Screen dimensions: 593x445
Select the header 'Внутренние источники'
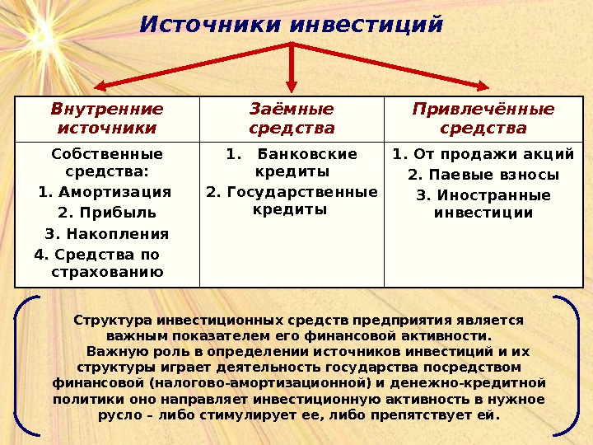tap(107, 119)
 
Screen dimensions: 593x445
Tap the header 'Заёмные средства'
tap(292, 119)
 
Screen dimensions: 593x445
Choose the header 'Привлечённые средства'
tap(483, 119)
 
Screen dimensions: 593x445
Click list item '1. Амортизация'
tap(105, 193)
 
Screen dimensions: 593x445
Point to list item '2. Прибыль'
tap(107, 213)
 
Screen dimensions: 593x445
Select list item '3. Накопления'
tap(107, 233)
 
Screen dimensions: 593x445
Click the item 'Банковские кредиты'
tap(292, 163)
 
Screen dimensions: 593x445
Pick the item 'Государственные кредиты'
tap(292, 200)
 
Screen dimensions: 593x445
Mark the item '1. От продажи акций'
tap(483, 154)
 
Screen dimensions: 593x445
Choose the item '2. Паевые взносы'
tap(483, 175)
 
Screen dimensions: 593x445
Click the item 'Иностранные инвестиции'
tap(483, 204)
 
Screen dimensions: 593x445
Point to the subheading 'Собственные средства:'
tap(107, 163)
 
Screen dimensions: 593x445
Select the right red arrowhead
tap(485, 85)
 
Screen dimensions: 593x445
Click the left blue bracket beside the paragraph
tap(25, 363)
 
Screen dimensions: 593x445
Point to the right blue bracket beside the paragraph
tap(568, 363)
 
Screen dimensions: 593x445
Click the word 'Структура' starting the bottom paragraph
tap(101, 320)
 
